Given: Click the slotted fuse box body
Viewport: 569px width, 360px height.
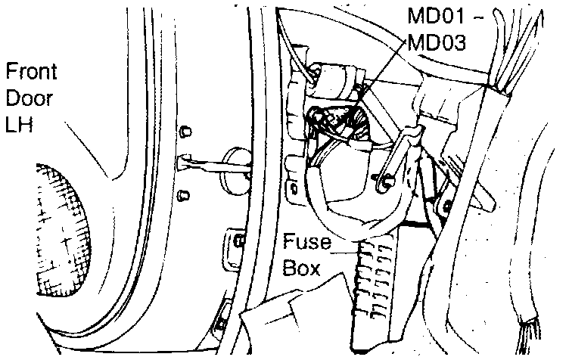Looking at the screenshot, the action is point(376,287).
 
